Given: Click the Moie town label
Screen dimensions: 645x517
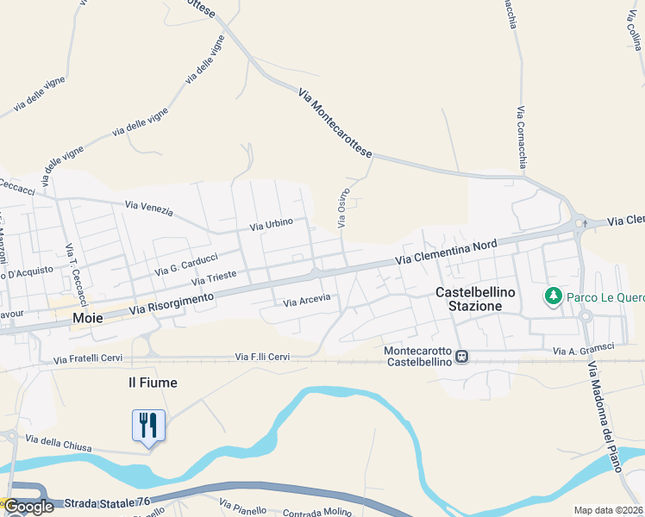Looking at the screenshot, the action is [x=88, y=318].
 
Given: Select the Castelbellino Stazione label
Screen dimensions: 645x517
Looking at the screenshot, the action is [x=475, y=299].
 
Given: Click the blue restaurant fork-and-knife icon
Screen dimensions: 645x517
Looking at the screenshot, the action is [x=148, y=425].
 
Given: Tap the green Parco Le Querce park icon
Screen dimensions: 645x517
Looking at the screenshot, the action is [x=552, y=297].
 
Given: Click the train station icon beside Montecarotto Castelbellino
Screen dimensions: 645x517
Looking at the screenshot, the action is [x=462, y=355].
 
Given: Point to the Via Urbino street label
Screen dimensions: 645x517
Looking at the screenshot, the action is [x=272, y=225].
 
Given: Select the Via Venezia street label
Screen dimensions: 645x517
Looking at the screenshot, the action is [x=149, y=208].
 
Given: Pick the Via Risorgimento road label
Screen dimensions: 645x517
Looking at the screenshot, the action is [x=171, y=302].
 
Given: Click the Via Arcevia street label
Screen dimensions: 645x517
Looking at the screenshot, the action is [x=307, y=302].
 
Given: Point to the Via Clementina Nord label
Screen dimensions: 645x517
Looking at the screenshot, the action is [x=447, y=252].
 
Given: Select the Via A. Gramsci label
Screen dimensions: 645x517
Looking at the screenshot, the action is [x=584, y=350].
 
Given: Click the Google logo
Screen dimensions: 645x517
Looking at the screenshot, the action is [x=28, y=507].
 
